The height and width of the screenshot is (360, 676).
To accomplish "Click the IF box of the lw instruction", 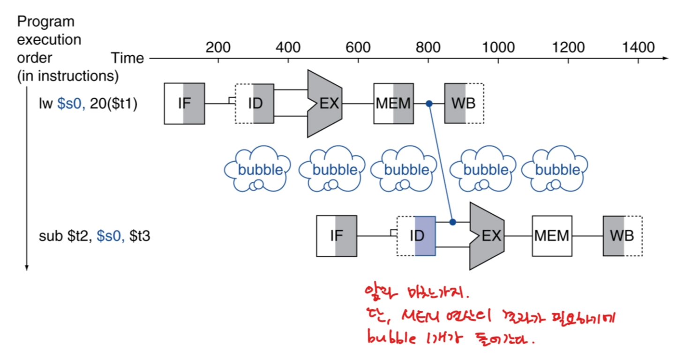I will pos(184,104).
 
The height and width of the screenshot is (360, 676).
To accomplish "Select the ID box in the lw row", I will pos(254,104).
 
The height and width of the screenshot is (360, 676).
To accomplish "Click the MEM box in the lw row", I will pos(393,104).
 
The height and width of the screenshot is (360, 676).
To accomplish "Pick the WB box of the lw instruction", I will pos(464,104).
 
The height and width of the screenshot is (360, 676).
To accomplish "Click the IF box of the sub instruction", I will pos(337,236).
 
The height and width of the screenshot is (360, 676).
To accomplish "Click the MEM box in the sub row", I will pos(552,236).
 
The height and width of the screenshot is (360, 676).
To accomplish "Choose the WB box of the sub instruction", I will pos(623,236).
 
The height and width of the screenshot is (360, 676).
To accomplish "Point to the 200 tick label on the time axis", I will pos(218,47).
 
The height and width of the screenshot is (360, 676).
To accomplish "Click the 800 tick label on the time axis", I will pos(428,47).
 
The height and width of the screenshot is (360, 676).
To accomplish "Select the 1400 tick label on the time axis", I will pos(638,47).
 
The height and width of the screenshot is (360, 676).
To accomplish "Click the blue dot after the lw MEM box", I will pos(428,104).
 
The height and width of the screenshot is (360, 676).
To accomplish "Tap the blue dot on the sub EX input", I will pos(452,222).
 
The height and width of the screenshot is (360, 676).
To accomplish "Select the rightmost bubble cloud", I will pos(555,170).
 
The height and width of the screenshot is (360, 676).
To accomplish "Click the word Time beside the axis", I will pos(127,58).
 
